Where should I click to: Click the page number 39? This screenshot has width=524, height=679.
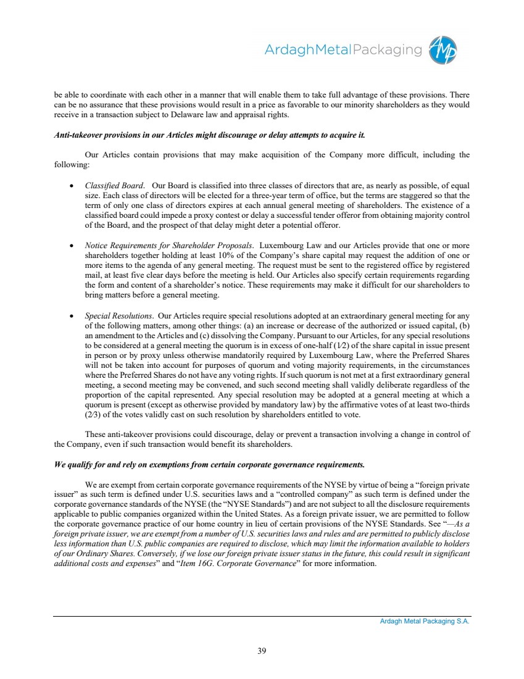point(262,650)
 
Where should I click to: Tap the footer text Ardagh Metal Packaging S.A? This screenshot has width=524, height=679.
point(425,622)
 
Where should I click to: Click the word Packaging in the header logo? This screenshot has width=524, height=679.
point(383,49)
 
